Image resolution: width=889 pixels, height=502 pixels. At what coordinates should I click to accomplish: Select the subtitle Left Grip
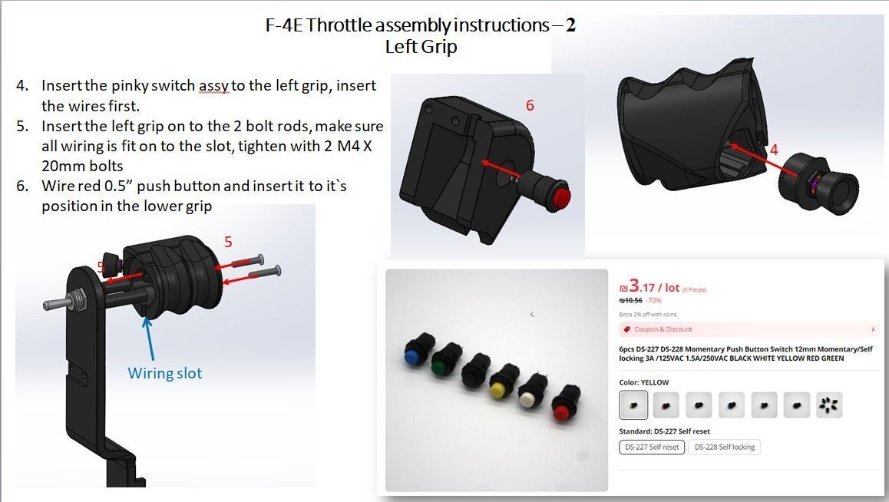421,47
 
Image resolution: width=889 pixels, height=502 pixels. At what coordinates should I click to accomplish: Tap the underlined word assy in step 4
213,86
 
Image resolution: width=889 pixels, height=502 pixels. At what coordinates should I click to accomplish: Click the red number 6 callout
530,105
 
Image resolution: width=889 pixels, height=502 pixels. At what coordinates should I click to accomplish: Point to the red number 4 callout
774,150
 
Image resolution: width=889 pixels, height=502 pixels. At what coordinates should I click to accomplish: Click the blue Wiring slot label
164,374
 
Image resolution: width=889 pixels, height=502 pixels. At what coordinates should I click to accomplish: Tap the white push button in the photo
528,399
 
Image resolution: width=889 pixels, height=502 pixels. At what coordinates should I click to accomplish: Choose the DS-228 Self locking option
724,447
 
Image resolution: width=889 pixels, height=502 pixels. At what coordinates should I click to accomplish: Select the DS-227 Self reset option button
651,447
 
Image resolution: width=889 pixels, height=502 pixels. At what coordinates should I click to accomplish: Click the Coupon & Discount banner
749,329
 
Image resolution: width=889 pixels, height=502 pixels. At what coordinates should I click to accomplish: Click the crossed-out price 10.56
630,301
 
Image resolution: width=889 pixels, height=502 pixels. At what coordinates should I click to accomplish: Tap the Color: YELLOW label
643,382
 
